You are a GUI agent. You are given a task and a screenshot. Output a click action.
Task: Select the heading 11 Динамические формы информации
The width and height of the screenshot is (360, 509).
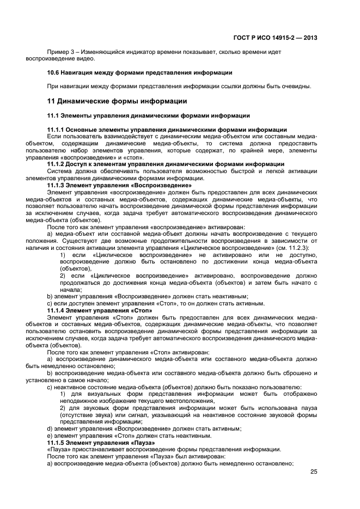point(117,101)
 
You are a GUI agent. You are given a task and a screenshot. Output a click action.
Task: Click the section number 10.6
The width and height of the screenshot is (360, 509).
point(54,72)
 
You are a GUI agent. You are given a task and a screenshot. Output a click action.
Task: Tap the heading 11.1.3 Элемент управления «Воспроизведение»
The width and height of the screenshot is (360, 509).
point(119,185)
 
